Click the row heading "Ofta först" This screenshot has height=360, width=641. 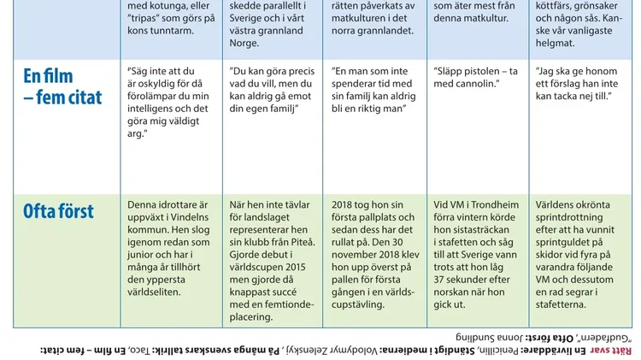pos(58,210)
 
